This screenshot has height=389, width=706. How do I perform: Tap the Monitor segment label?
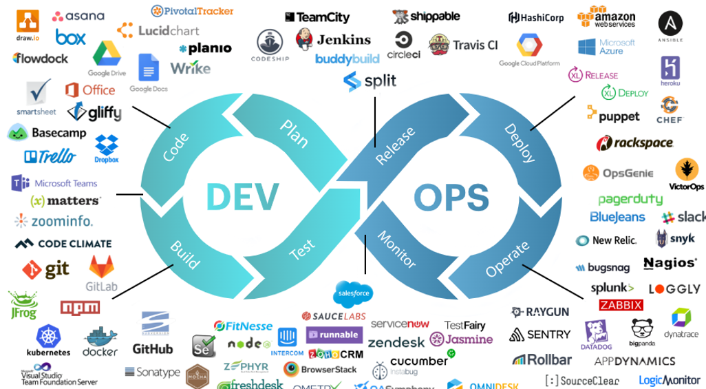[397, 249]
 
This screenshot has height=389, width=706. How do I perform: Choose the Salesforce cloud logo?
[354, 293]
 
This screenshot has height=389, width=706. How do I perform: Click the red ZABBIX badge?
[621, 305]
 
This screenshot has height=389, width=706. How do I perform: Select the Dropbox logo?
[107, 147]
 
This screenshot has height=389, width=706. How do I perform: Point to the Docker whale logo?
[100, 338]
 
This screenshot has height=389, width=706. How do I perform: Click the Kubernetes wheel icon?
[48, 335]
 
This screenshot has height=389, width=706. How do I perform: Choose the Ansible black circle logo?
[670, 23]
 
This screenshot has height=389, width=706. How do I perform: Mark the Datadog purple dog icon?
[597, 332]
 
